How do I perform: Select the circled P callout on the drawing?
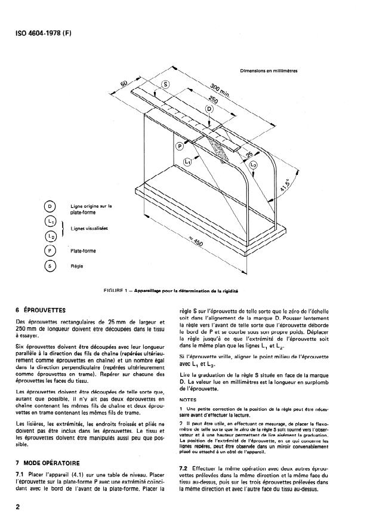pyautogui.click(x=180, y=146)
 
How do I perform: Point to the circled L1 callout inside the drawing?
pyautogui.click(x=188, y=161)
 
